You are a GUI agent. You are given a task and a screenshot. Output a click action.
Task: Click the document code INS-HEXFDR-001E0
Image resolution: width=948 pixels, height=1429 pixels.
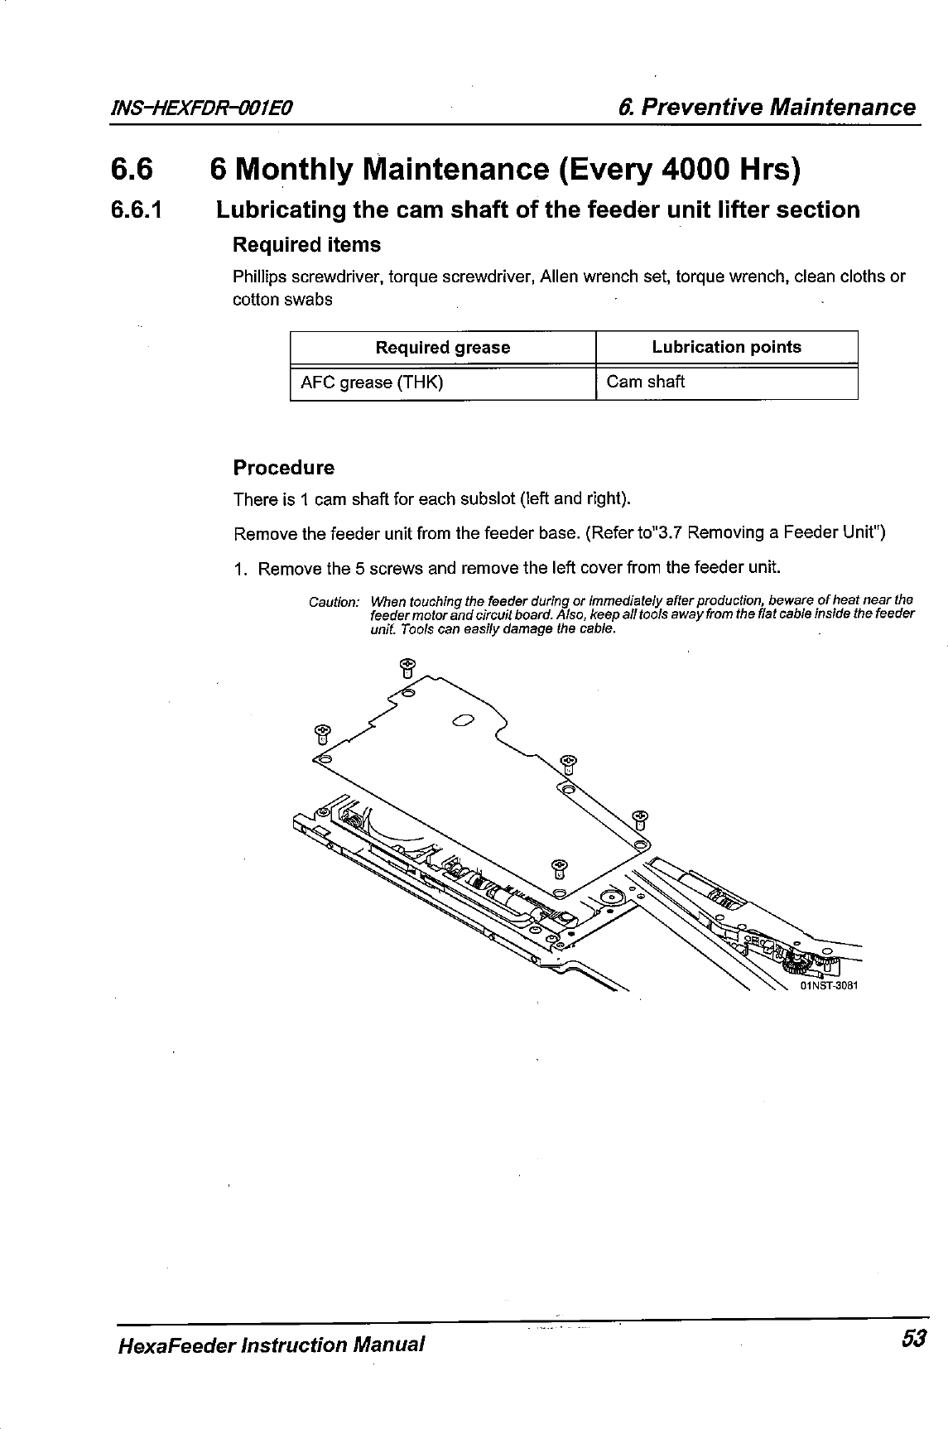coord(205,109)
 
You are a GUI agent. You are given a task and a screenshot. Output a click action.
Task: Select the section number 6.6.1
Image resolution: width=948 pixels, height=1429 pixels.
coord(137,210)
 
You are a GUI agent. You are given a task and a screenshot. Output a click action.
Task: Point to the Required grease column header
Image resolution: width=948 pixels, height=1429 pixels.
coord(443,348)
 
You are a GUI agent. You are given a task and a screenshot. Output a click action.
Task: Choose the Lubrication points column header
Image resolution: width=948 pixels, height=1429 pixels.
coord(726,348)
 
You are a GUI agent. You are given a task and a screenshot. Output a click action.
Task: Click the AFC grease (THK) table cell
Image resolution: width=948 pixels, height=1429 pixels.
coord(372,383)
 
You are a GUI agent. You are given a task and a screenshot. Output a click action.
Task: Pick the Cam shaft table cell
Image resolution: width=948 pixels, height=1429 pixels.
coord(646,382)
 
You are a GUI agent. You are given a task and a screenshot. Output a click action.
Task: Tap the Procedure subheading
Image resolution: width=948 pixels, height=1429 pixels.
coord(284,468)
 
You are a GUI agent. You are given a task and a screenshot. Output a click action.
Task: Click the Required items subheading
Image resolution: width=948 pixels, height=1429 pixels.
coord(306,245)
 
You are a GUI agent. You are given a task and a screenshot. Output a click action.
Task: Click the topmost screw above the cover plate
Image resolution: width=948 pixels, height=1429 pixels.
coord(407,666)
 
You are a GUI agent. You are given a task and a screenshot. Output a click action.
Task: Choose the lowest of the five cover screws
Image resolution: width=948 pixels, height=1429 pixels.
coord(560,868)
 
